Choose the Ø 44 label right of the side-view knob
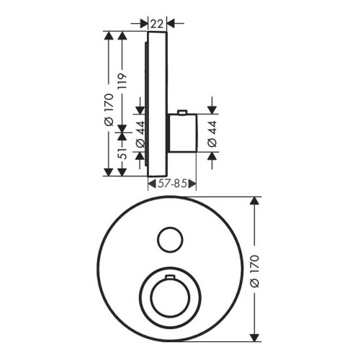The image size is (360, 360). pos(210,132)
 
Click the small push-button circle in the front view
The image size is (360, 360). pos(170,239)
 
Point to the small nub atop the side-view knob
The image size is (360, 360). pos(184,112)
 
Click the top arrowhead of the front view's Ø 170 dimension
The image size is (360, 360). pos(253,202)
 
